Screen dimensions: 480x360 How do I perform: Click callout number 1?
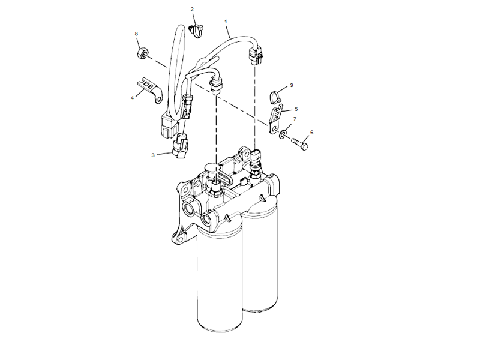(x=226, y=22)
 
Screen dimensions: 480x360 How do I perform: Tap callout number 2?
(x=192, y=9)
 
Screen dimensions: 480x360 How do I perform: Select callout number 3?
(x=153, y=155)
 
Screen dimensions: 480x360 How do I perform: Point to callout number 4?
(x=132, y=98)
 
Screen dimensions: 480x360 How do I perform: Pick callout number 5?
(x=296, y=109)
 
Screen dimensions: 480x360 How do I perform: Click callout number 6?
(x=311, y=133)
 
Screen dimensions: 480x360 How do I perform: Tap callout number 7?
(x=295, y=119)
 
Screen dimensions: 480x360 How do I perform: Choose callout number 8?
(x=137, y=34)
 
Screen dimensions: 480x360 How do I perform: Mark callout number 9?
(x=292, y=85)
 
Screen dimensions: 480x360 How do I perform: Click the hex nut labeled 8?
(x=141, y=53)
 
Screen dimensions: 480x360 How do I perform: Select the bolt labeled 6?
(x=299, y=145)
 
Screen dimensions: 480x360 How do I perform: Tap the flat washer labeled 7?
(x=282, y=133)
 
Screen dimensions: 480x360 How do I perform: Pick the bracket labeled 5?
(x=276, y=118)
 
